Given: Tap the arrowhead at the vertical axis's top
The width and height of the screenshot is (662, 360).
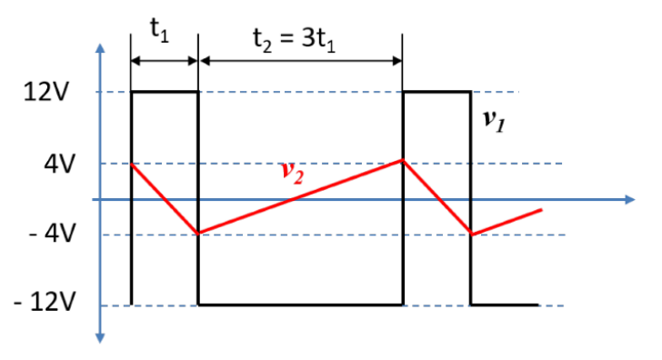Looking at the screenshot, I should click(x=101, y=48).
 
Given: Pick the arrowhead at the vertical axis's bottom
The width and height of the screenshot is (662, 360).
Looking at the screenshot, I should click(x=101, y=338).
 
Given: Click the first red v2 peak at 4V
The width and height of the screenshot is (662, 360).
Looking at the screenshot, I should click(x=133, y=165).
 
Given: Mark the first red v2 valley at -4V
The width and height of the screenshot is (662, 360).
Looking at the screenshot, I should click(x=198, y=234).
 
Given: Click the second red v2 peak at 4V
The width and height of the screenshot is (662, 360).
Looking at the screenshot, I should click(x=403, y=161).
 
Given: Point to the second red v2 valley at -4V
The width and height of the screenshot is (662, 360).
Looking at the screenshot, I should click(x=471, y=235).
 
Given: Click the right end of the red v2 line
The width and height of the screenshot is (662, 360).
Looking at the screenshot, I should click(x=542, y=210).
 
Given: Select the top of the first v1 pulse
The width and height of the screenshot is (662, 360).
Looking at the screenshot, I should click(x=165, y=92).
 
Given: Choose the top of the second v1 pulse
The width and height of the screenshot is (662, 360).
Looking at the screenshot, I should click(x=436, y=92).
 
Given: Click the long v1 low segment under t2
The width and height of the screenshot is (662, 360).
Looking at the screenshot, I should click(x=300, y=305).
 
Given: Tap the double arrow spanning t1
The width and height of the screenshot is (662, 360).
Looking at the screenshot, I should click(x=165, y=61).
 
